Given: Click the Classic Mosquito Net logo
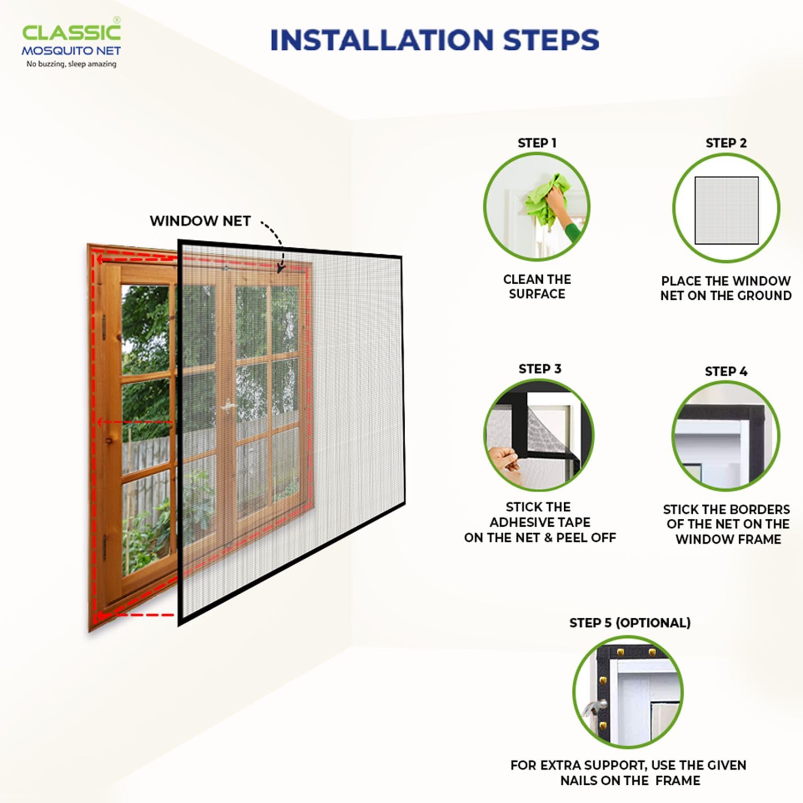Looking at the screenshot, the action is (x=71, y=43).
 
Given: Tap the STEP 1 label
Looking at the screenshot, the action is (x=537, y=143).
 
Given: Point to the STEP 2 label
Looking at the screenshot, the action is (x=726, y=143).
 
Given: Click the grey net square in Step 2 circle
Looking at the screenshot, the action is (x=726, y=210).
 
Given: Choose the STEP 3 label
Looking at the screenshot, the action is (x=540, y=369).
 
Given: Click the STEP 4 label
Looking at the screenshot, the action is (x=726, y=372).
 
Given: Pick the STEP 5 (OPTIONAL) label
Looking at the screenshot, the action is (x=630, y=623).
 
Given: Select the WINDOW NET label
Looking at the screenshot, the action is (x=200, y=221).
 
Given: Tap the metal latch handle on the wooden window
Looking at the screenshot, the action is (x=229, y=405).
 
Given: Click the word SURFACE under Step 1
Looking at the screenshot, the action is (x=537, y=294).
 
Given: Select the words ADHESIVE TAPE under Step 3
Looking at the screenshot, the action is (x=540, y=522).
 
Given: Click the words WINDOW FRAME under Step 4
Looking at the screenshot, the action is (x=728, y=539).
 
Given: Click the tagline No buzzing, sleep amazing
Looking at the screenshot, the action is (x=71, y=64).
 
